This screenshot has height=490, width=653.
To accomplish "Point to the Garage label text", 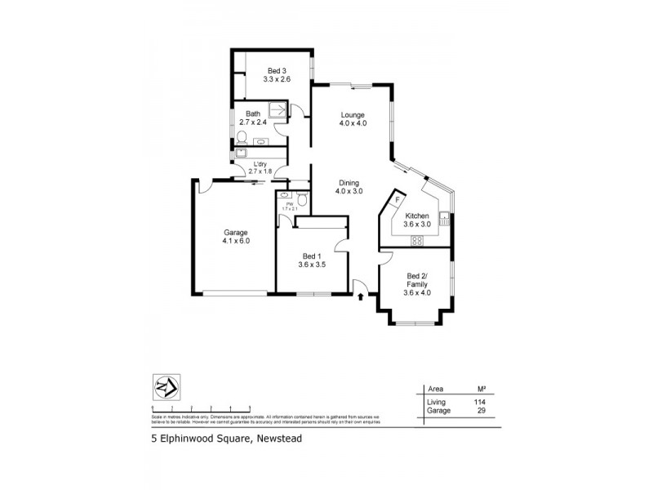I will [x=235, y=232].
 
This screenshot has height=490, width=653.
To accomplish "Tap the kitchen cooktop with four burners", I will [x=417, y=239].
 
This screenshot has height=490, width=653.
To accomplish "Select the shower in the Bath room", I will [x=278, y=110].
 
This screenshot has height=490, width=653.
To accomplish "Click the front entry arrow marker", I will [x=360, y=296].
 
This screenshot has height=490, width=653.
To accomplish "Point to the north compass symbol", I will [x=167, y=386].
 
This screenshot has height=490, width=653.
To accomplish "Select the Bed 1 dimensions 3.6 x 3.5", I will [x=313, y=265].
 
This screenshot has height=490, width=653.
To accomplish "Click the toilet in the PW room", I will [x=301, y=198].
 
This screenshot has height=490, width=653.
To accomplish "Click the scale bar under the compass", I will [x=200, y=407].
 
